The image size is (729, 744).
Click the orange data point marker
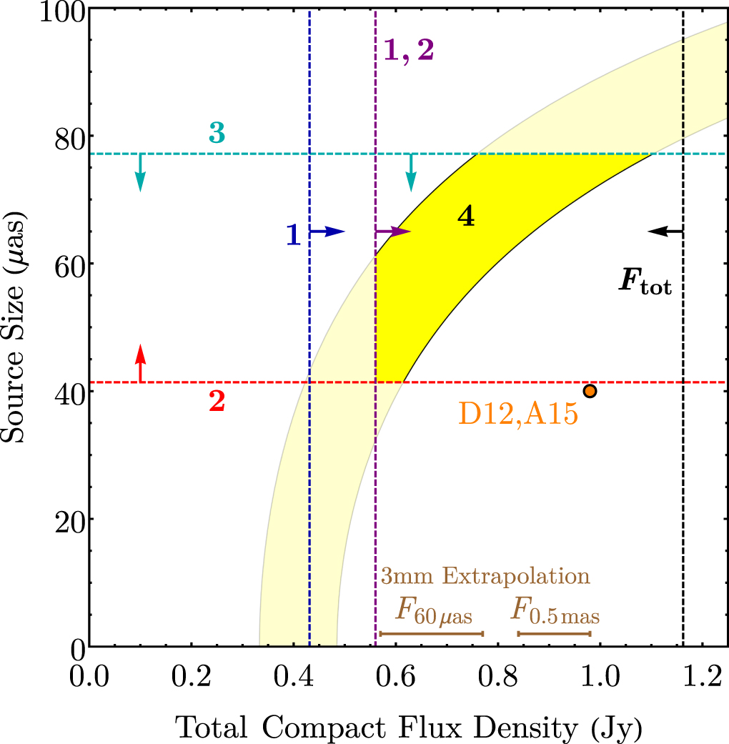click(590, 390)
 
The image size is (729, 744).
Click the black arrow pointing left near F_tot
click(665, 231)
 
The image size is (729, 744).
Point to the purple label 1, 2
click(409, 51)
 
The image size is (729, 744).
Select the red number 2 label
click(217, 402)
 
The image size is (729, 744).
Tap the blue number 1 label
click(293, 234)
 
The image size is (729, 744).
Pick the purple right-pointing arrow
click(393, 231)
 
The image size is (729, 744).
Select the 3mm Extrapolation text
click(485, 577)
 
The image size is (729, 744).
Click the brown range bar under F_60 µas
click(432, 633)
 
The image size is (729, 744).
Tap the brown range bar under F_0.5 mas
click(554, 633)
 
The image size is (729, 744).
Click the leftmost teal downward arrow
click(140, 173)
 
